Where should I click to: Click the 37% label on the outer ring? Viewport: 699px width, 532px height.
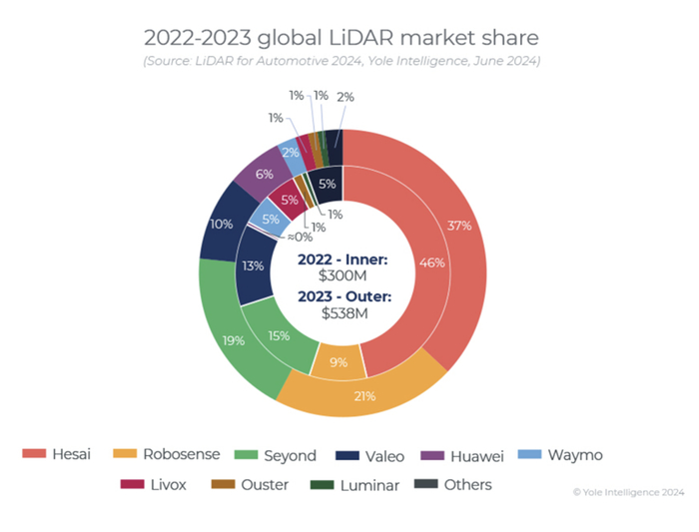[459, 226]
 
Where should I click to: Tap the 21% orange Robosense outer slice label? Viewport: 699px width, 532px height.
[364, 396]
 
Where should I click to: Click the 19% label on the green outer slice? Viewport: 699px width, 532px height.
[234, 340]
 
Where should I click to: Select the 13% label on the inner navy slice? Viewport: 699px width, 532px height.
[254, 266]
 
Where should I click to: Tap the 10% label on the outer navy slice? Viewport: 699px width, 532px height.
[222, 225]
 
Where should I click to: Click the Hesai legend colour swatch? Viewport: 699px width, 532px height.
[34, 455]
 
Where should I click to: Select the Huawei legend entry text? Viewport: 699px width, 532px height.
[477, 455]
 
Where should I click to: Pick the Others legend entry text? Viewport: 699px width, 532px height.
[469, 485]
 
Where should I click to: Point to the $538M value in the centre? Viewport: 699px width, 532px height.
[343, 312]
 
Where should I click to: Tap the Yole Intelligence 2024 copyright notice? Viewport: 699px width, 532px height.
[628, 491]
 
